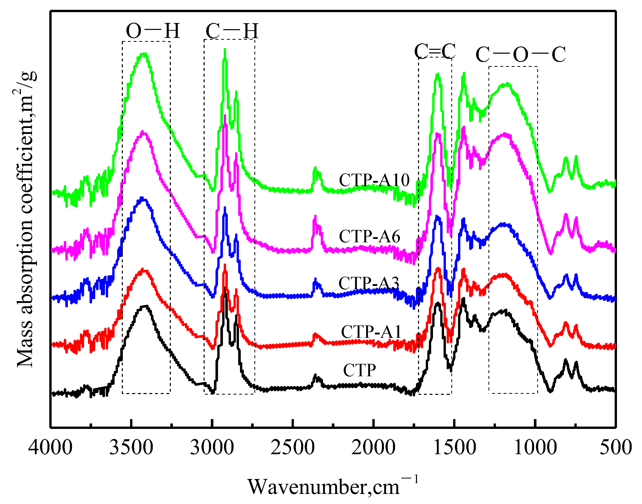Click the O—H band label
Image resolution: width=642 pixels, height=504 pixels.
[153, 31]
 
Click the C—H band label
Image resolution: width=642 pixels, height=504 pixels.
[232, 31]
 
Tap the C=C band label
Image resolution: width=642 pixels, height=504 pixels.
[435, 51]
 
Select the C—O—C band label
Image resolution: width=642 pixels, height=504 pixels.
[520, 55]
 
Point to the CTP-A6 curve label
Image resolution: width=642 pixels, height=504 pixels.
[370, 236]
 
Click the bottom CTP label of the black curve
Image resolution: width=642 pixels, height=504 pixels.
[359, 370]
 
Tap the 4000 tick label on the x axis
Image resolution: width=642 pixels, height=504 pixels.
[50, 447]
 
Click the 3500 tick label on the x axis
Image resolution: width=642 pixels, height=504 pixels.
[131, 447]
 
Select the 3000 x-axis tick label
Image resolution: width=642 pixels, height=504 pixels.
[212, 447]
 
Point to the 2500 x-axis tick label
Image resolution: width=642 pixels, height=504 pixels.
[292, 447]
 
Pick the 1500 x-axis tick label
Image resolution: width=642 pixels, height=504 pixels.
[454, 447]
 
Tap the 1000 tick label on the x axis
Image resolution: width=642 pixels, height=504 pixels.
[535, 447]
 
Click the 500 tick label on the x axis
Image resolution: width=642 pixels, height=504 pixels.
[616, 447]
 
